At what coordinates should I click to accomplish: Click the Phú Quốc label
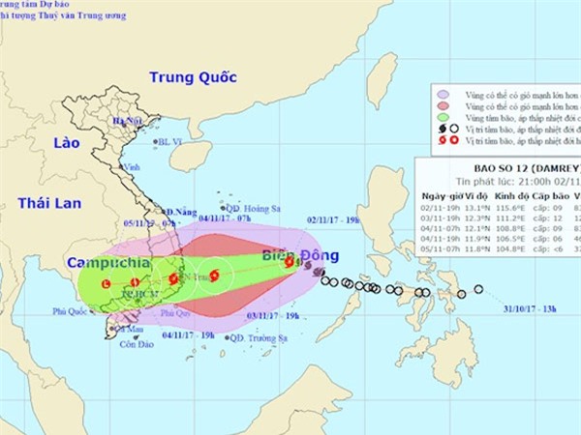click(x=71, y=311)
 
